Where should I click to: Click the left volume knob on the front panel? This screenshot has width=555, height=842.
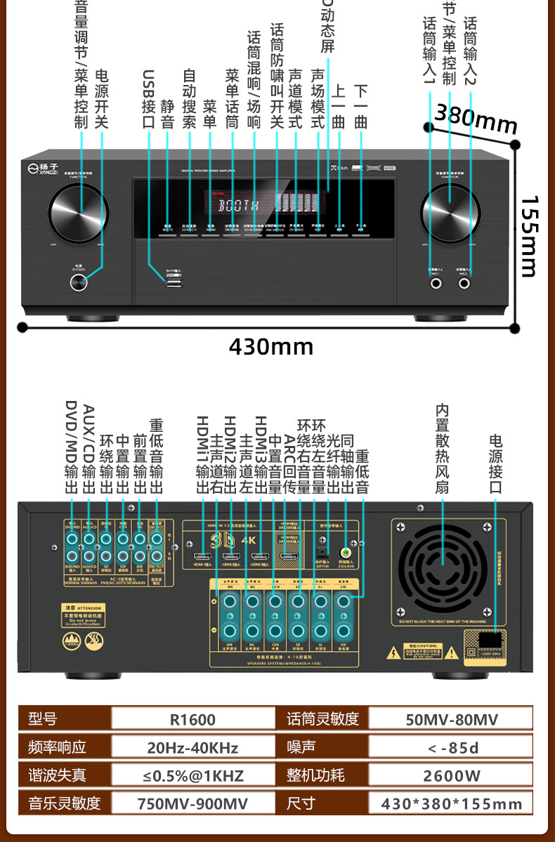coord(78,209)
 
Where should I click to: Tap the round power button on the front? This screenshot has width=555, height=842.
coord(79,282)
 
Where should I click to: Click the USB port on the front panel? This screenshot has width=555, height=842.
coord(173,283)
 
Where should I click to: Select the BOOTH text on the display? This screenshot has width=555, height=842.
coord(239,206)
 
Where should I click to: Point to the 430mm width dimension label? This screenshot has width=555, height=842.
coord(270,346)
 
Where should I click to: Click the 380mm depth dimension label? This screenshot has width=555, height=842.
coord(476,119)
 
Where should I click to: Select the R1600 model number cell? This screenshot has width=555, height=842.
coord(192,719)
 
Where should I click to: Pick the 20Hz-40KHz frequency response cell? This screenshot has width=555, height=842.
coord(192,747)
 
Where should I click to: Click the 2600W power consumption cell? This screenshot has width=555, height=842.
coord(452,775)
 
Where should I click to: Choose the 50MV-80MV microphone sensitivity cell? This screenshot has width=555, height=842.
coord(452,719)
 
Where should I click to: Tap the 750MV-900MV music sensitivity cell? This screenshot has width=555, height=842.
coord(192,803)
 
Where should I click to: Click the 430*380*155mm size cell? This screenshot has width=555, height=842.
coord(452,803)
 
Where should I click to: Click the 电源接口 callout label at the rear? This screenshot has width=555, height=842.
coord(495,463)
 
